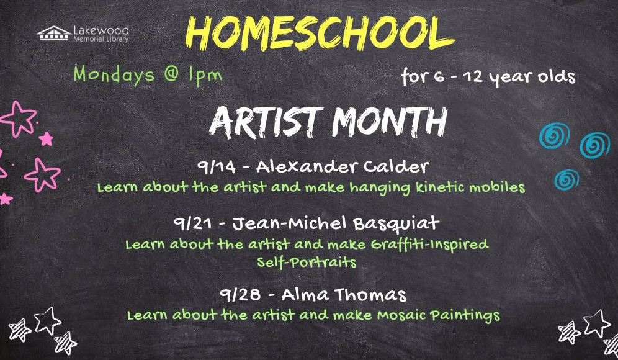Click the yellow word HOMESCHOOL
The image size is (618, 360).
320,34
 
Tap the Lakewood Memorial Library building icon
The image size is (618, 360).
54,34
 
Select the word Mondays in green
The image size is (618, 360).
114,75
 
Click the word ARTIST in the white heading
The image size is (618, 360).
264,122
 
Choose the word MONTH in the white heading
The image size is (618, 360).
390,122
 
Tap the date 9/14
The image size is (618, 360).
217,167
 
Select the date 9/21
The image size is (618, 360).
192,224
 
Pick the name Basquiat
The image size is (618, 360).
396,224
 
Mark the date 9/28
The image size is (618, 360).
240,295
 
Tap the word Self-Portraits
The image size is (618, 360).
307,262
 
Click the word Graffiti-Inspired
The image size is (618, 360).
429,245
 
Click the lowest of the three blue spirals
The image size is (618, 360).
566,179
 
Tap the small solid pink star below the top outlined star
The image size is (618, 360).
46,139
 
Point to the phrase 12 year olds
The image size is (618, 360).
519,76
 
